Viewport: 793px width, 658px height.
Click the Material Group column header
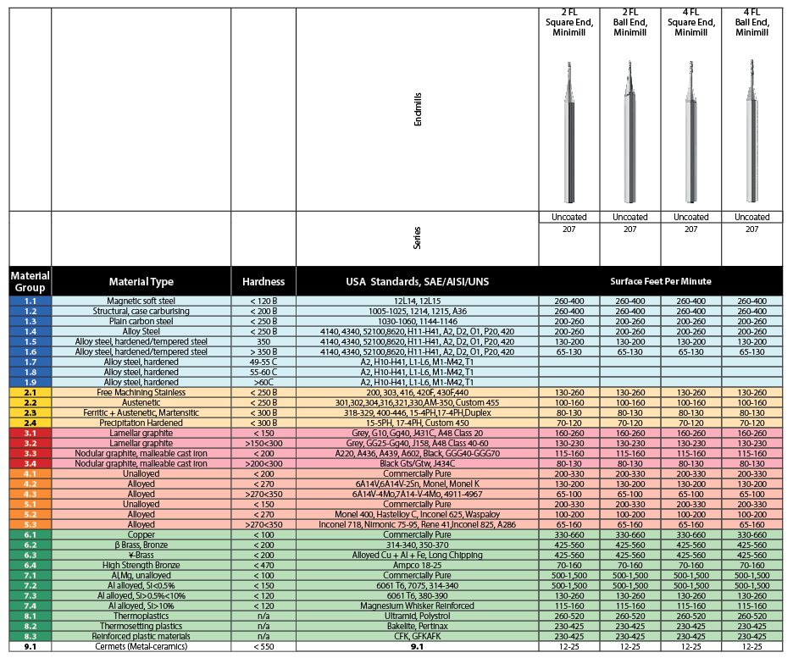click(30, 281)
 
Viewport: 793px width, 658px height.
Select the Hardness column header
click(263, 281)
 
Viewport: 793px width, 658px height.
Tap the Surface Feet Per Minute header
click(661, 281)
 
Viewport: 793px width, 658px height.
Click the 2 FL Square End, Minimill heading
click(569, 23)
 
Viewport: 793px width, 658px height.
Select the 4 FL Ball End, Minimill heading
click(752, 23)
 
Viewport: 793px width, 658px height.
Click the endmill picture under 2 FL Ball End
click(630, 131)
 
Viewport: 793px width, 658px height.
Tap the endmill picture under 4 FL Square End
click(691, 131)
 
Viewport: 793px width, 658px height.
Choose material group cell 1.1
click(30, 301)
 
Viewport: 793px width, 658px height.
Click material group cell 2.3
click(30, 412)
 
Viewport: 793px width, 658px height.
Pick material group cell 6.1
click(30, 535)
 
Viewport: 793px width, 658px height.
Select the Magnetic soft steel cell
click(141, 301)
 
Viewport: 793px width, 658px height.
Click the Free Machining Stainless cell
click(141, 393)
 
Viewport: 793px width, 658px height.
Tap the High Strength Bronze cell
click(141, 565)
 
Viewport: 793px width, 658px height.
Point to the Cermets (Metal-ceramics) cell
click(141, 646)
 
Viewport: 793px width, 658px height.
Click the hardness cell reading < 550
click(263, 646)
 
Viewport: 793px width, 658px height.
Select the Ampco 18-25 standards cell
click(418, 565)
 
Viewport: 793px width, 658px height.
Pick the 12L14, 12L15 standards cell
click(418, 301)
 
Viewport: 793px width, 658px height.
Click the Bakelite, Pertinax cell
click(418, 626)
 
